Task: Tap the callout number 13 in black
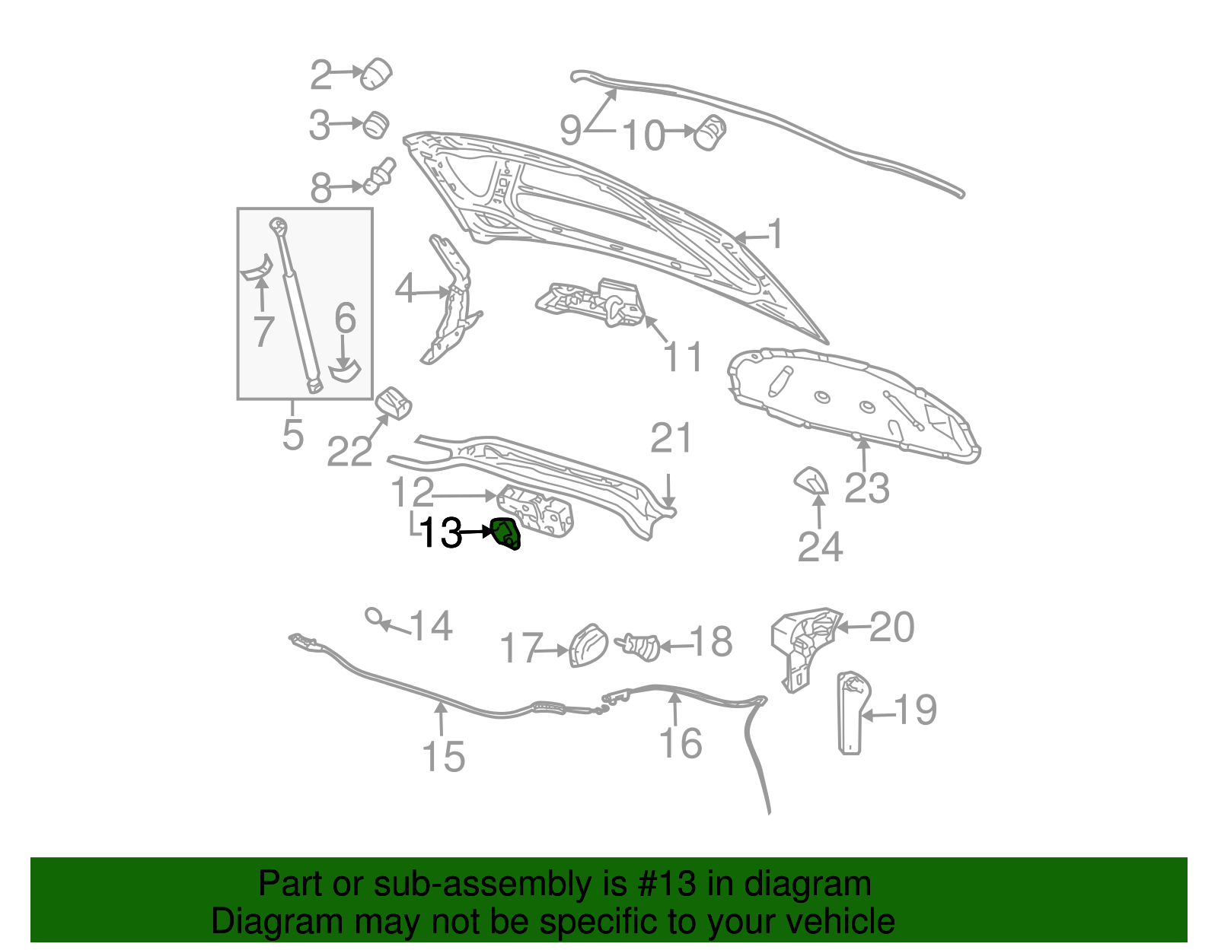[440, 533]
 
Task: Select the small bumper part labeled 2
[376, 73]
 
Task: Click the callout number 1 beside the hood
[775, 234]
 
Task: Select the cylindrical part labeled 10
[712, 132]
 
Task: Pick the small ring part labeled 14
[374, 615]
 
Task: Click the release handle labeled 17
[588, 646]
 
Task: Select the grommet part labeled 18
[641, 646]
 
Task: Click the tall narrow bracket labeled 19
[850, 713]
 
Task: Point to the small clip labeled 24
[811, 481]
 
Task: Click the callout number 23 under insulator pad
[866, 488]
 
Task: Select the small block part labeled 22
[394, 402]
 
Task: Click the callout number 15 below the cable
[443, 757]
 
